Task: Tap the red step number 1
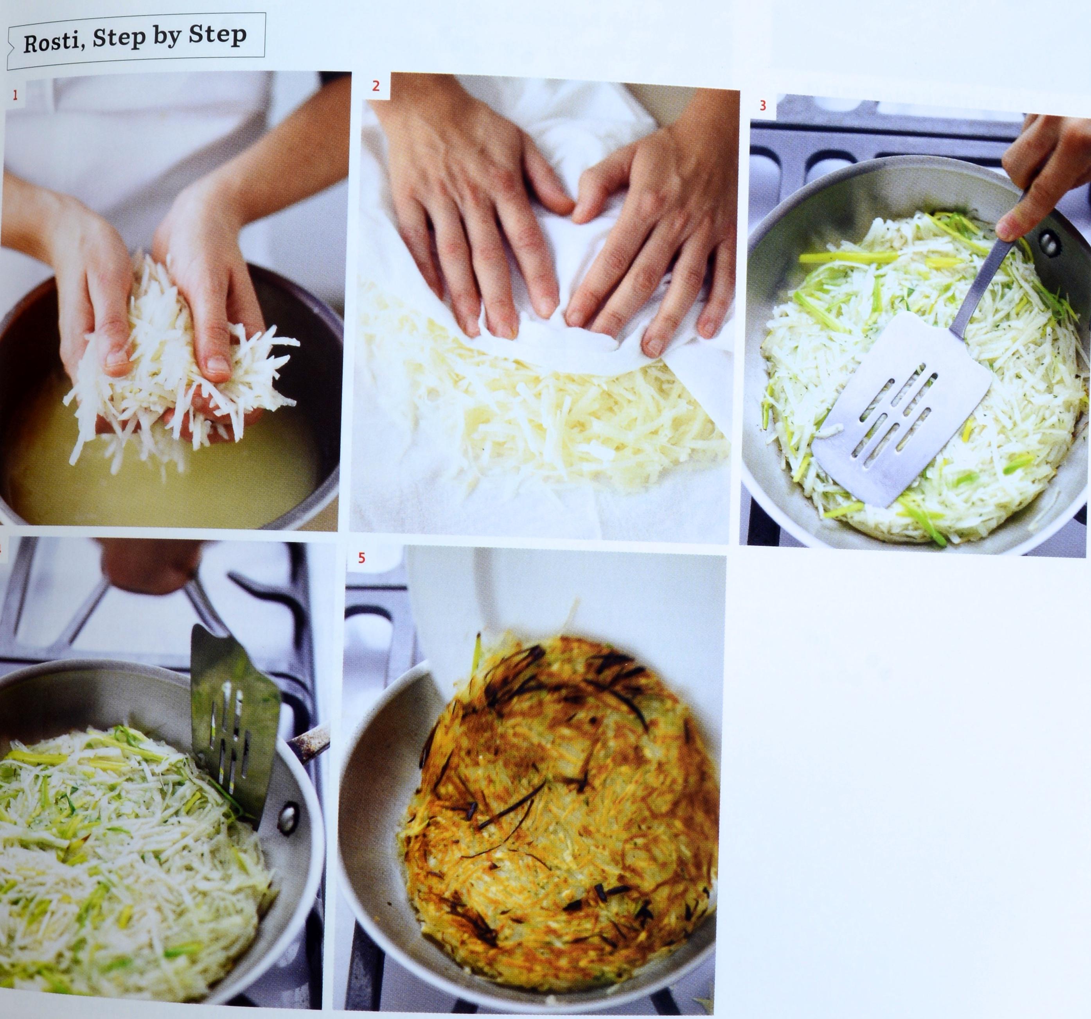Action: point(15,95)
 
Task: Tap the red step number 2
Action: point(376,86)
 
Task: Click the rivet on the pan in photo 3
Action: point(1049,241)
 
